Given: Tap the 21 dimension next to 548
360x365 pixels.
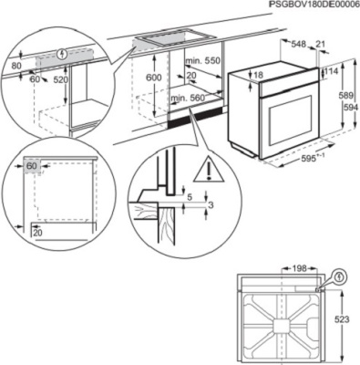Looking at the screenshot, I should tap(320, 43).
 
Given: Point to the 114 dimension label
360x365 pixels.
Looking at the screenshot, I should tap(334, 71).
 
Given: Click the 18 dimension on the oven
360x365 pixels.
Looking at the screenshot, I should tap(259, 75).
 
